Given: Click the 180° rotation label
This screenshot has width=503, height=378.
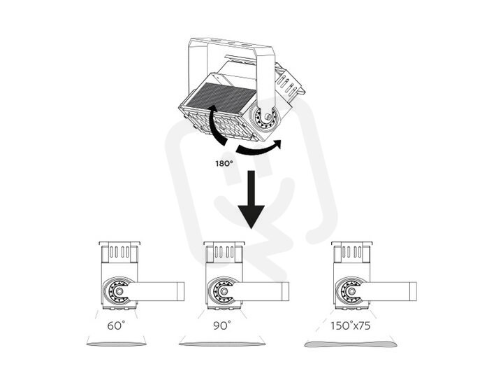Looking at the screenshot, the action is click(224, 163).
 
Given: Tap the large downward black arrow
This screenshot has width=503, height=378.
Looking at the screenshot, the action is click(251, 199).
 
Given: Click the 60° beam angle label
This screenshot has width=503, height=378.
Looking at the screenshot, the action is click(116, 325).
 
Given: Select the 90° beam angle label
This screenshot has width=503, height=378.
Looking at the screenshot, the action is click(221, 325).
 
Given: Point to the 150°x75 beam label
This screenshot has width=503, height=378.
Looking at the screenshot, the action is click(350, 325).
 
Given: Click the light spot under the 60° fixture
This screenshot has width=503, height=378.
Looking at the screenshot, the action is click(117, 344).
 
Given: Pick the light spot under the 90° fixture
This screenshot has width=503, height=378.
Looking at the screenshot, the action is click(222, 344).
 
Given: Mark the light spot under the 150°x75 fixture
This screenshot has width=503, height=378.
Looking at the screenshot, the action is click(350, 344).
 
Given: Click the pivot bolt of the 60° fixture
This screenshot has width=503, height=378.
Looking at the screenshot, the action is click(119, 291).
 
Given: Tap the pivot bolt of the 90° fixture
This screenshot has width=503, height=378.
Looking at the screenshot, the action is click(224, 291).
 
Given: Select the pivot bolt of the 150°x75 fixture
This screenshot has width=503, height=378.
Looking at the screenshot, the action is click(352, 291).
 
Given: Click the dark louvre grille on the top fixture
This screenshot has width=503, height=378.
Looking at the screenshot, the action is click(221, 99).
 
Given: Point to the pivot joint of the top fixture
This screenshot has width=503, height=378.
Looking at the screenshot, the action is click(266, 118).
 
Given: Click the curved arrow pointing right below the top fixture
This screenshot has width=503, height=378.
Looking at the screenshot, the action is click(258, 148).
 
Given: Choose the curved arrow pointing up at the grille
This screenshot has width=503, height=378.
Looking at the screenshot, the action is click(216, 125).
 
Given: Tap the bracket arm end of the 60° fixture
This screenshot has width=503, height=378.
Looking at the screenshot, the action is click(181, 291).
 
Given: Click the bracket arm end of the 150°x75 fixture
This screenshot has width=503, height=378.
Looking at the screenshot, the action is click(413, 291).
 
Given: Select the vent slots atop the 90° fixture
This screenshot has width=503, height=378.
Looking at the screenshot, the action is click(224, 252).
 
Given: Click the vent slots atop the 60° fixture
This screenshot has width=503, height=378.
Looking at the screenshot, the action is click(119, 252).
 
